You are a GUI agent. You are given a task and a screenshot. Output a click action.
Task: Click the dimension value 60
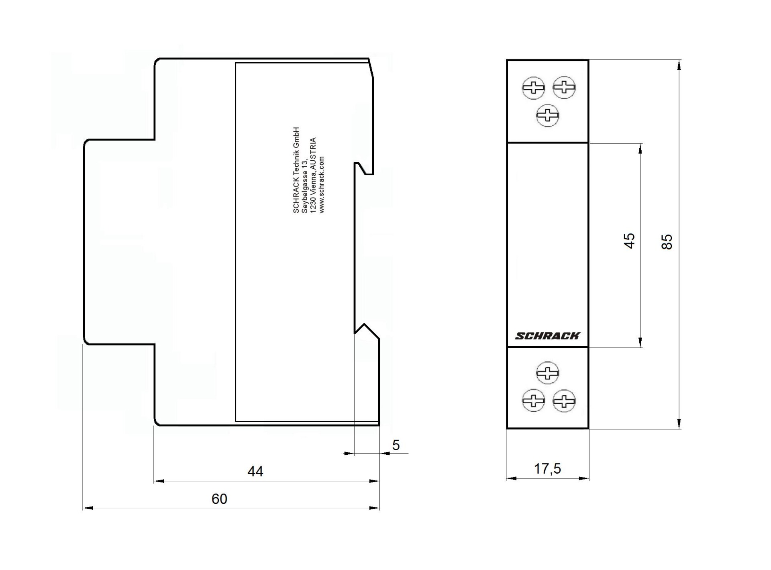(219, 499)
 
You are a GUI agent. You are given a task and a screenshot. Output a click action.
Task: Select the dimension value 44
(255, 471)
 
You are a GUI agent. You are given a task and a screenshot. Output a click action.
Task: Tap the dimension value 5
(396, 445)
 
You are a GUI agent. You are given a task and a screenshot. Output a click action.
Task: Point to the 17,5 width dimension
(547, 469)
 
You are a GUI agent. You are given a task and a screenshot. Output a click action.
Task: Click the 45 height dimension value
(629, 241)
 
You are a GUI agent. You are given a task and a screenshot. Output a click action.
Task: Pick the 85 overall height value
(667, 242)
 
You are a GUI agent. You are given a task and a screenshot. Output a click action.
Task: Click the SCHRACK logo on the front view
(547, 336)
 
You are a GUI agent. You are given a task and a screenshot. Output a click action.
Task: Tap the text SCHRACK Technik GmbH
(296, 170)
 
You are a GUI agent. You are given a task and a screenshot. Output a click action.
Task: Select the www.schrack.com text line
(322, 185)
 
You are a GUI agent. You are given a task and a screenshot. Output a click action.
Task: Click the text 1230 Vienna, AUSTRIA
(313, 176)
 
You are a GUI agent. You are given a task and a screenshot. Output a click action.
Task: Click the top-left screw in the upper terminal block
(534, 88)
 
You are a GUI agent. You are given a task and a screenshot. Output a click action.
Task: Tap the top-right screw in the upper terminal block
(564, 87)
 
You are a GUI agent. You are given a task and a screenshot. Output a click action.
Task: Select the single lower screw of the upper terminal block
(548, 116)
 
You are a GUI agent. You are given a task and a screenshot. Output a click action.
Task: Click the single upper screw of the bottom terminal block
(548, 373)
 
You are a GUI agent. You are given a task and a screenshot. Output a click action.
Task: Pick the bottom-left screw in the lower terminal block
(534, 400)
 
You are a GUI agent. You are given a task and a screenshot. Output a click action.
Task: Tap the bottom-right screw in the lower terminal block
(564, 401)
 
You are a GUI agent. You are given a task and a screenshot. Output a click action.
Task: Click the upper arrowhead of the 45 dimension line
(640, 148)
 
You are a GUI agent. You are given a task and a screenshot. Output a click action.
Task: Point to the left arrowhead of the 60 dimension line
(88, 508)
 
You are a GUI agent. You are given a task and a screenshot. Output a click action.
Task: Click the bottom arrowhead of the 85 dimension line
(679, 424)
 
